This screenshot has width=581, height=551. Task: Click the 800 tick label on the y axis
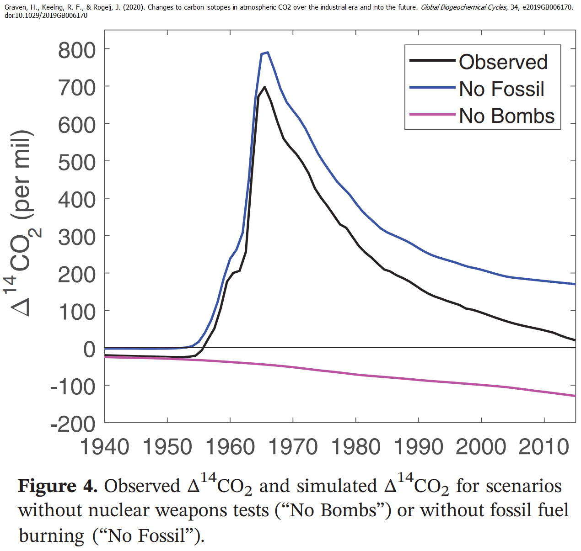(77, 50)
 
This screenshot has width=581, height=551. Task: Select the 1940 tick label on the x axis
(105, 446)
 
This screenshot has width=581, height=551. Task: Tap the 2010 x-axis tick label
(544, 446)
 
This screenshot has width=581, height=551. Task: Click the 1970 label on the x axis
(293, 446)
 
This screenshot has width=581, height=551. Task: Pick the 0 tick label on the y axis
(89, 350)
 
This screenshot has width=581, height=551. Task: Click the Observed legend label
(503, 62)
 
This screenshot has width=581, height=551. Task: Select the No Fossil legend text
(502, 89)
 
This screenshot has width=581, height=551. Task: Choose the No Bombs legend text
(507, 116)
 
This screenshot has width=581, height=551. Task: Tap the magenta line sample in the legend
(432, 114)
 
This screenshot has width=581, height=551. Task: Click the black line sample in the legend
(432, 60)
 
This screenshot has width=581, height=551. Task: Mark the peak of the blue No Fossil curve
(268, 52)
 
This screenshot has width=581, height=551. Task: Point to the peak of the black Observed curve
(264, 87)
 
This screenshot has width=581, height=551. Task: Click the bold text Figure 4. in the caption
(58, 486)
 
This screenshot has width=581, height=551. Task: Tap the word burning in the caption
(52, 535)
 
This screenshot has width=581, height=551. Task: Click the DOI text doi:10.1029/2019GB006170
(46, 16)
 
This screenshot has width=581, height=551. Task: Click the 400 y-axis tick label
(77, 200)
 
